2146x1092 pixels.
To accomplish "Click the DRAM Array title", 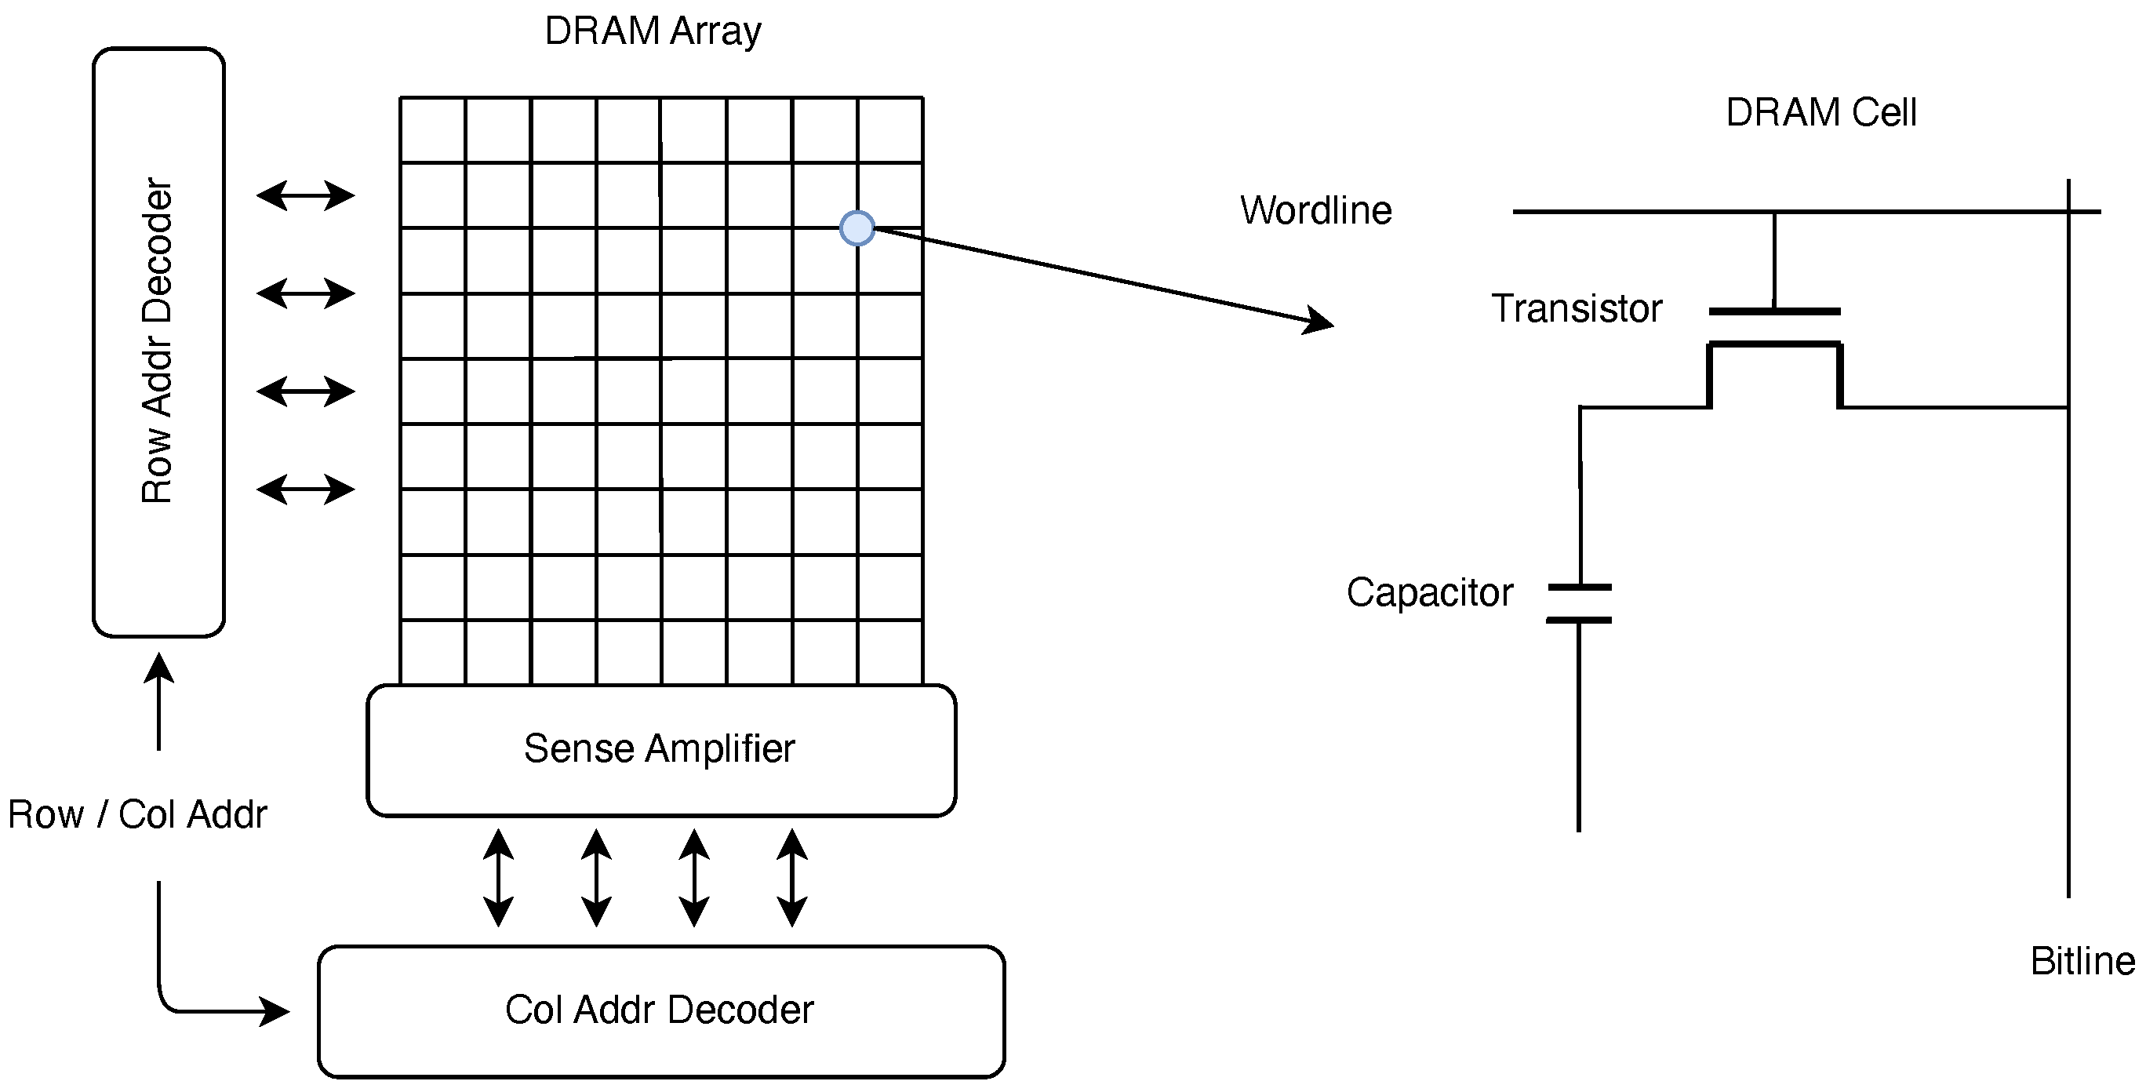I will coord(653,31).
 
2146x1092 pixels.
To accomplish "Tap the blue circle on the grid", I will coord(857,227).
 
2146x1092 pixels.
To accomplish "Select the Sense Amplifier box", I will coord(660,749).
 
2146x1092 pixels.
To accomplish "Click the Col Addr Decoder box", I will coord(660,1010).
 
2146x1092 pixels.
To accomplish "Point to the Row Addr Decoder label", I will coord(157,341).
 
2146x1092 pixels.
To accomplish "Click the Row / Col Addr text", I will coord(137,814).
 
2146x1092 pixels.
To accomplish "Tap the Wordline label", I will coord(1315,210).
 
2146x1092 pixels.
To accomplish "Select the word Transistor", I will coord(1577,308).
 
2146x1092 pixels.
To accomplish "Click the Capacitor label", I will coord(1430,593).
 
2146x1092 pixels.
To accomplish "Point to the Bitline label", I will coord(2082,961).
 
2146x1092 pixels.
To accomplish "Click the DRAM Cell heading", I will coord(1820,112).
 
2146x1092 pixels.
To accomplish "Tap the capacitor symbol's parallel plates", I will coord(1579,604).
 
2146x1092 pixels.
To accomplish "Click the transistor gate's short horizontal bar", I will coord(1774,311).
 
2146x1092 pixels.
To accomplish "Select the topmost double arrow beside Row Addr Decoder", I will coord(306,196).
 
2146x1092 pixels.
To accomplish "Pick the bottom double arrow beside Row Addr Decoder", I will coord(306,489).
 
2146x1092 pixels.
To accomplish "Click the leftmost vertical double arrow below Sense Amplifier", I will coord(498,877).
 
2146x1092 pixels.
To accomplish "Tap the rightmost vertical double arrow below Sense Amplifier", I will coord(791,877).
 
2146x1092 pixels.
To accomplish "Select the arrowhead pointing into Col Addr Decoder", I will coord(275,1012).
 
